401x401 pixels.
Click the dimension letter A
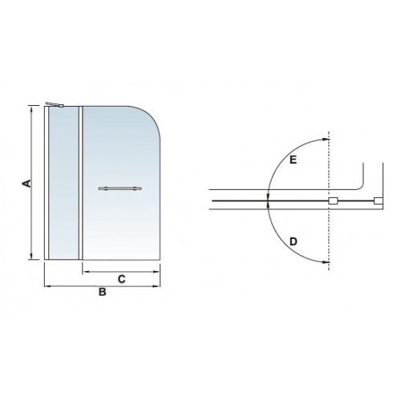(x=27, y=184)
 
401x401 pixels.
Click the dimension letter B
(x=103, y=292)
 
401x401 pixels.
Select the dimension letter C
(x=122, y=279)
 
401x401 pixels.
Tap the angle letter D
(x=294, y=241)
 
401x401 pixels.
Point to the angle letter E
(x=294, y=160)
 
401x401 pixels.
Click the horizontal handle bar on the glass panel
(x=119, y=188)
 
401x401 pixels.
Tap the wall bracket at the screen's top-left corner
(x=55, y=104)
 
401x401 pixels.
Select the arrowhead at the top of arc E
(x=326, y=140)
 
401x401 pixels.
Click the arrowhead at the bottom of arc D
(x=326, y=262)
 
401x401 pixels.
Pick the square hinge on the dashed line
(x=333, y=200)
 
